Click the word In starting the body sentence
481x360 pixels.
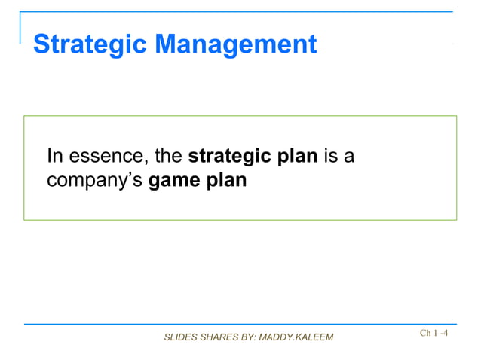54,157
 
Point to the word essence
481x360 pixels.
106,157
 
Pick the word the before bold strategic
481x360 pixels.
168,157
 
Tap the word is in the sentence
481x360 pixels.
331,157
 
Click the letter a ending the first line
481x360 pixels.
350,157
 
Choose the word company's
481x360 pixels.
95,182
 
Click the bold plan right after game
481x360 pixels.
228,182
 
